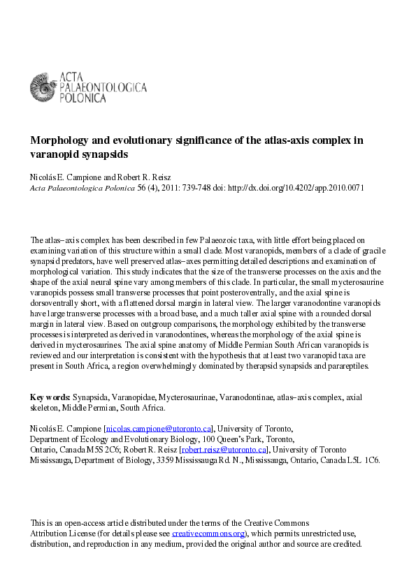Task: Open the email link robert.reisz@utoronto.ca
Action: click(224, 450)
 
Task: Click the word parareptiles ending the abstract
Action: click(346, 367)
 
